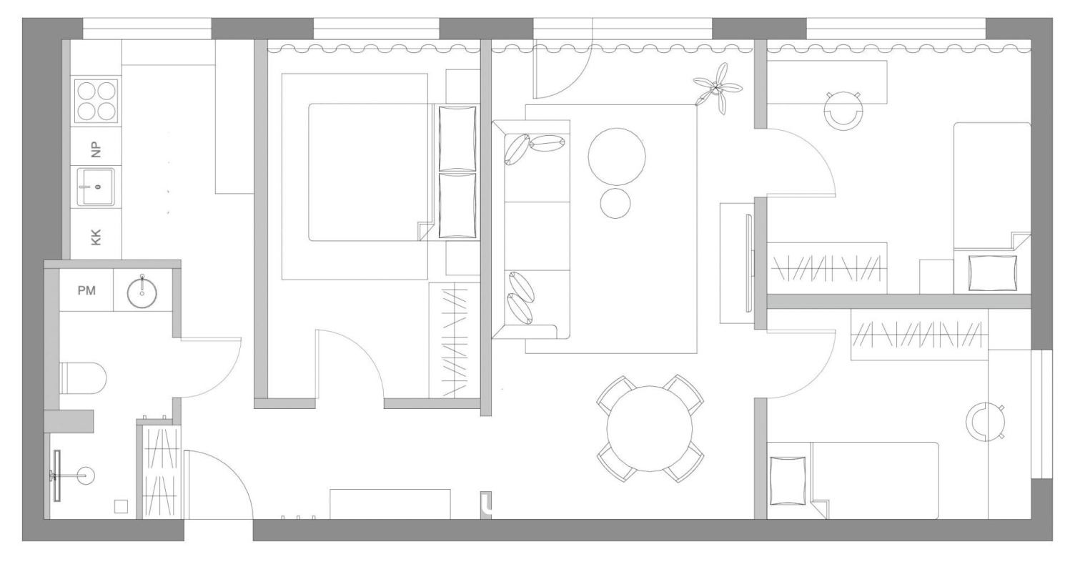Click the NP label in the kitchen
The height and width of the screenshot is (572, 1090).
point(96,149)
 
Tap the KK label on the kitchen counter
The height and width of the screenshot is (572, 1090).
point(96,237)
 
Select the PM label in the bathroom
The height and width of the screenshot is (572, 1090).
point(86,290)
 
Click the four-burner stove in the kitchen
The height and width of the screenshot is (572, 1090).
point(96,102)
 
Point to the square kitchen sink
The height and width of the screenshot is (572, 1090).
point(96,187)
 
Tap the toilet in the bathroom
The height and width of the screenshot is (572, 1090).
point(83,378)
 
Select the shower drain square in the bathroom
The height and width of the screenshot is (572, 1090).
point(121,506)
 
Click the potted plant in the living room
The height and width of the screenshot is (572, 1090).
point(717,89)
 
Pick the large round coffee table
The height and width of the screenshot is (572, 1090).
point(617,157)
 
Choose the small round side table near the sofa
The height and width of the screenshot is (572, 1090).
point(615,204)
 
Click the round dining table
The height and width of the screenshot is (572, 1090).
point(650,428)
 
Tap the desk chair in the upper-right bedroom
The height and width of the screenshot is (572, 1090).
point(843,110)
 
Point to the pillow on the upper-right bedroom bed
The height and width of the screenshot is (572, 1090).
point(993,273)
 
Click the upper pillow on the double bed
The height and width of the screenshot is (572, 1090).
point(457,138)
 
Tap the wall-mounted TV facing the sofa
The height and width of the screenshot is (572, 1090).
point(748,263)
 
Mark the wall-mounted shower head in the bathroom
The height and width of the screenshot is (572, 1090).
point(57,475)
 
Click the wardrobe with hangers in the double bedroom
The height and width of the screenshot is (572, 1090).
point(454,340)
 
